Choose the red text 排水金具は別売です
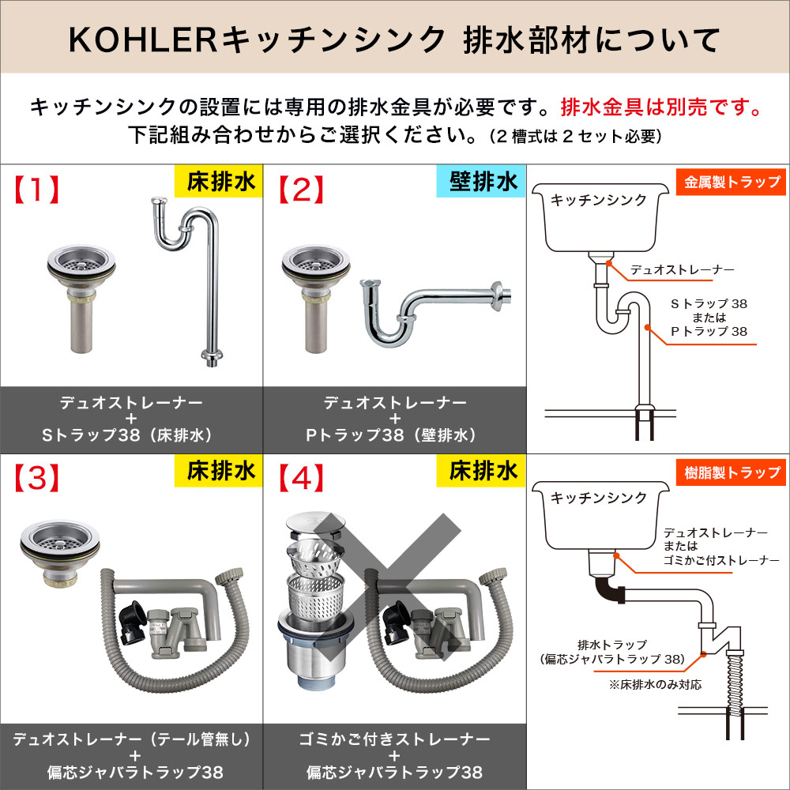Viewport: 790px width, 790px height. [x=660, y=107]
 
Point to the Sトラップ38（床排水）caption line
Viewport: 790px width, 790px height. [x=131, y=434]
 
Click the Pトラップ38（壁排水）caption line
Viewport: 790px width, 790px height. [x=394, y=434]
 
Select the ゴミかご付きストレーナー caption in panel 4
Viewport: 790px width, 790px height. [x=394, y=739]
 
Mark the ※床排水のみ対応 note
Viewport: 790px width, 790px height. [x=655, y=684]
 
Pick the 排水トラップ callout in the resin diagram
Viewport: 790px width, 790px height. [x=612, y=643]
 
